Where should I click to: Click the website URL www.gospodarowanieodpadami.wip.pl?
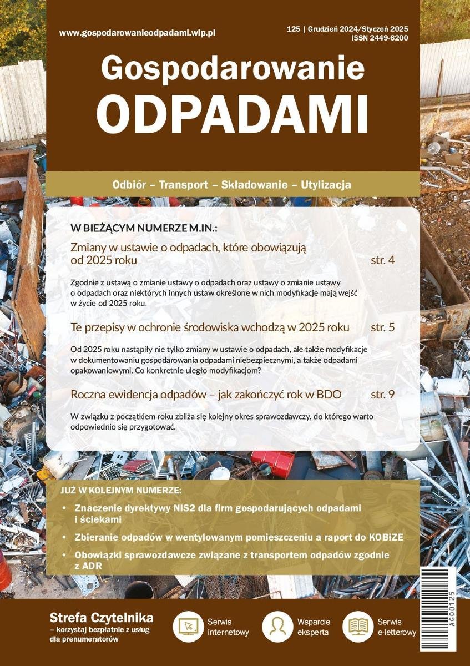pyautogui.click(x=137, y=33)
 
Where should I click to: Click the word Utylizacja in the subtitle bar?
pyautogui.click(x=326, y=185)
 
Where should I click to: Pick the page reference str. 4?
pyautogui.click(x=382, y=260)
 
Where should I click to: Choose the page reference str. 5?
pyautogui.click(x=382, y=327)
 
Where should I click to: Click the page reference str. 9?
pyautogui.click(x=382, y=395)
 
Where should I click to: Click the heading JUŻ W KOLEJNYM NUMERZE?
pyautogui.click(x=121, y=491)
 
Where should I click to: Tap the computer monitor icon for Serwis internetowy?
pyautogui.click(x=188, y=627)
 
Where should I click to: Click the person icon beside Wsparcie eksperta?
pyautogui.click(x=277, y=627)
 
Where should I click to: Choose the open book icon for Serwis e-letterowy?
pyautogui.click(x=358, y=627)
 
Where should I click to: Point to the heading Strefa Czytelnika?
pyautogui.click(x=102, y=618)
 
